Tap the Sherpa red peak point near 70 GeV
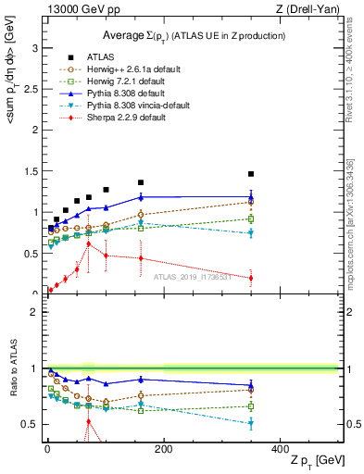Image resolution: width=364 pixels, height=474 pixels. point(88,243)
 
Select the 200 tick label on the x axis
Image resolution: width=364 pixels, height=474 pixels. point(163,449)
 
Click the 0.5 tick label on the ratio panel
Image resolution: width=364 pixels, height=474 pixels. point(29,424)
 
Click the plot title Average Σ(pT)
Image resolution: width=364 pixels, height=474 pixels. point(193,35)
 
